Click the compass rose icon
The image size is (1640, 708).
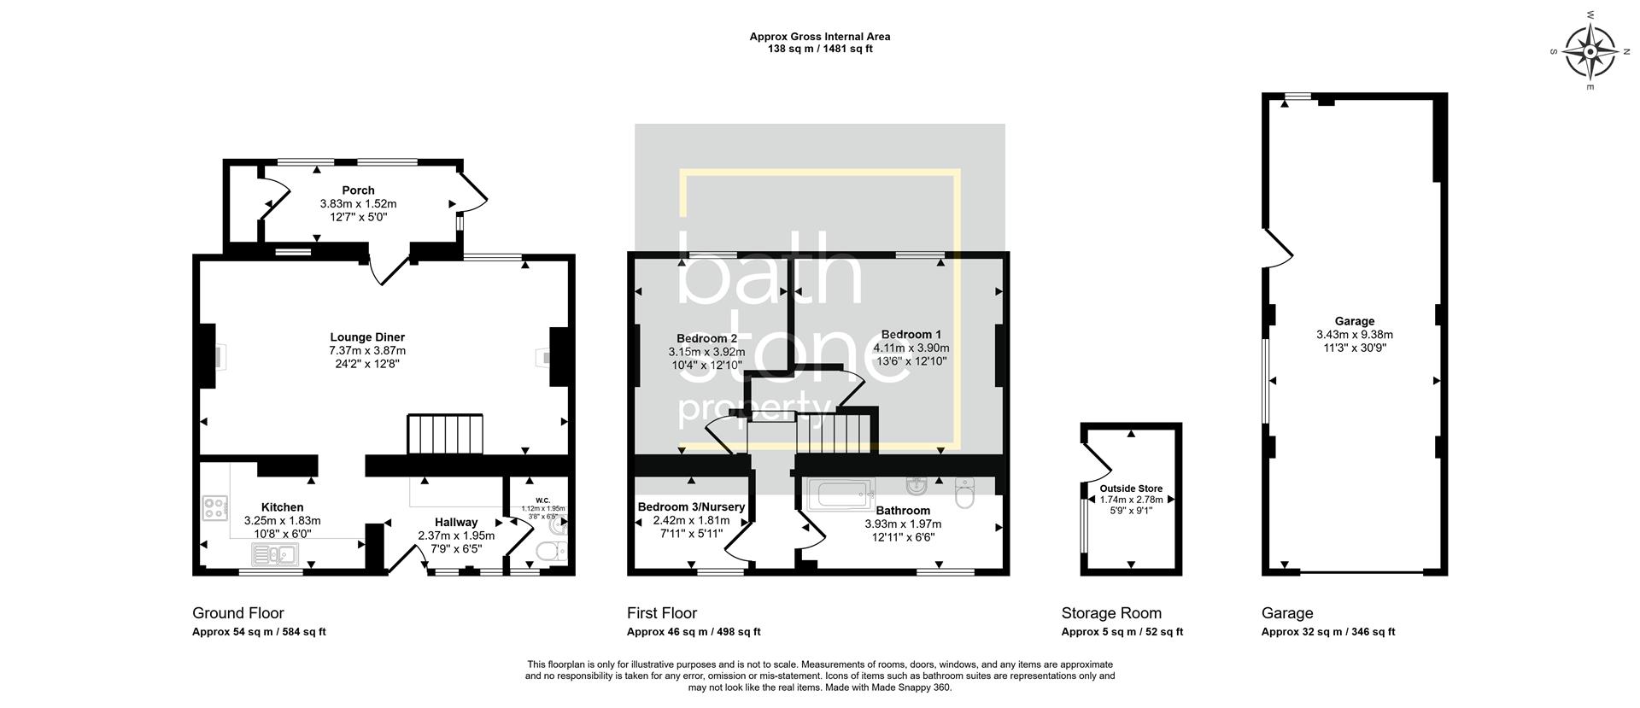tap(1590, 52)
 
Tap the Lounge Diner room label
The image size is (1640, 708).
tap(367, 337)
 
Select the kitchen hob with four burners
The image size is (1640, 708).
tap(214, 509)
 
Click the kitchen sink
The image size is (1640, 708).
tap(273, 556)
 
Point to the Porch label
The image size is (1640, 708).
tap(358, 190)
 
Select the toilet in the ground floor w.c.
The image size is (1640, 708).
tap(548, 553)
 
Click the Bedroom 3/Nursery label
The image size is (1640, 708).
tap(691, 507)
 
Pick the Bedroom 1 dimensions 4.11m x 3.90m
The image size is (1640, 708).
tap(911, 348)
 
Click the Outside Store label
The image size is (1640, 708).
tap(1131, 489)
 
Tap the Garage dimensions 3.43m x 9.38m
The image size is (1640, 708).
tap(1354, 335)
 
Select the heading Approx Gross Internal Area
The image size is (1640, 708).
tap(819, 37)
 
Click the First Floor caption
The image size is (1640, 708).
tap(661, 613)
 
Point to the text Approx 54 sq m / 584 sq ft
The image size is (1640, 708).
tap(259, 632)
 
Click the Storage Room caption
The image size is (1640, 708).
tap(1110, 613)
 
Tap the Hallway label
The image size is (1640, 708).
tap(456, 523)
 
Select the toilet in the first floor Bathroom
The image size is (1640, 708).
tap(964, 494)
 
